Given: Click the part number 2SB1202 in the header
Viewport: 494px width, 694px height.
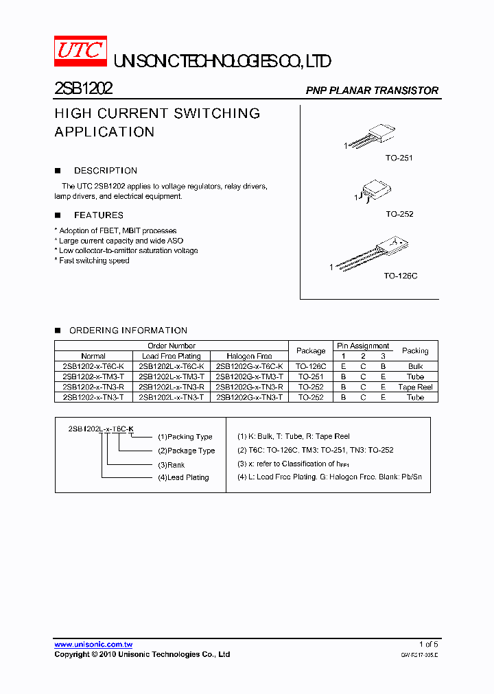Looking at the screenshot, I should click(x=84, y=89).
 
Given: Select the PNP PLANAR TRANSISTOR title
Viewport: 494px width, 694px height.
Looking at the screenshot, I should click(x=371, y=91).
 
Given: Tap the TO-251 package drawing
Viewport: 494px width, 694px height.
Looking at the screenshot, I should click(x=370, y=135).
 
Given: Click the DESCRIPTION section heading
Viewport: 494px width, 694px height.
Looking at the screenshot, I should click(x=105, y=171).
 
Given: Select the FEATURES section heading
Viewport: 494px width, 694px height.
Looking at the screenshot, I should click(x=98, y=215).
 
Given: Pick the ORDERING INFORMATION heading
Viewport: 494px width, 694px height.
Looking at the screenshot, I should click(x=128, y=331).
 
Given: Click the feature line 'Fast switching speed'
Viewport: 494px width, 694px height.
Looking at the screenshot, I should click(x=93, y=261).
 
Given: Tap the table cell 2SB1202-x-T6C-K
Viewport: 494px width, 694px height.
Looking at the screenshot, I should click(x=93, y=366).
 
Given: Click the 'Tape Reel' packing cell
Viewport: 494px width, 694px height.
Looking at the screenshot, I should click(x=415, y=387).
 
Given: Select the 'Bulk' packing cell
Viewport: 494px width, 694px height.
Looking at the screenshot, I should click(x=415, y=366).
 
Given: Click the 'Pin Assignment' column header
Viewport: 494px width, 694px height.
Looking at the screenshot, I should click(x=363, y=346).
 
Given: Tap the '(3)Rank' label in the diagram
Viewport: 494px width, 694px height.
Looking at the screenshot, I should click(x=172, y=464).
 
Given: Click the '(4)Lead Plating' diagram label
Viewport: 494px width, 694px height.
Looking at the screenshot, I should click(x=183, y=477).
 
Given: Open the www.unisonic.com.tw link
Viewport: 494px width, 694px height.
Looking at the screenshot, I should click(x=93, y=645).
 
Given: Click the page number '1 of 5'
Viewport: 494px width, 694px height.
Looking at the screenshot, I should click(x=428, y=645).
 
